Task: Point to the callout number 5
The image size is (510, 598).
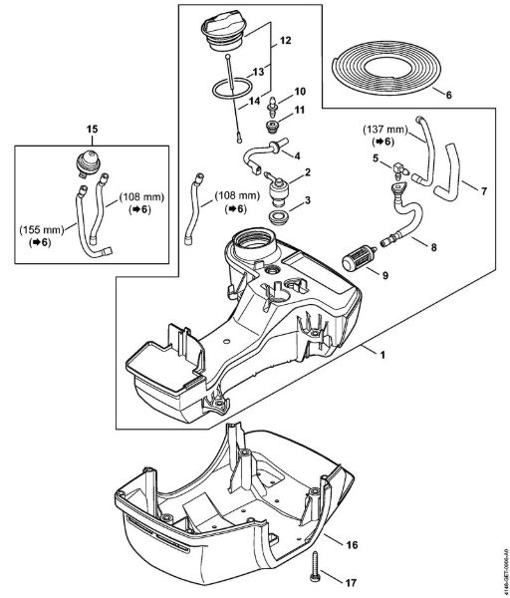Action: click(374, 157)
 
